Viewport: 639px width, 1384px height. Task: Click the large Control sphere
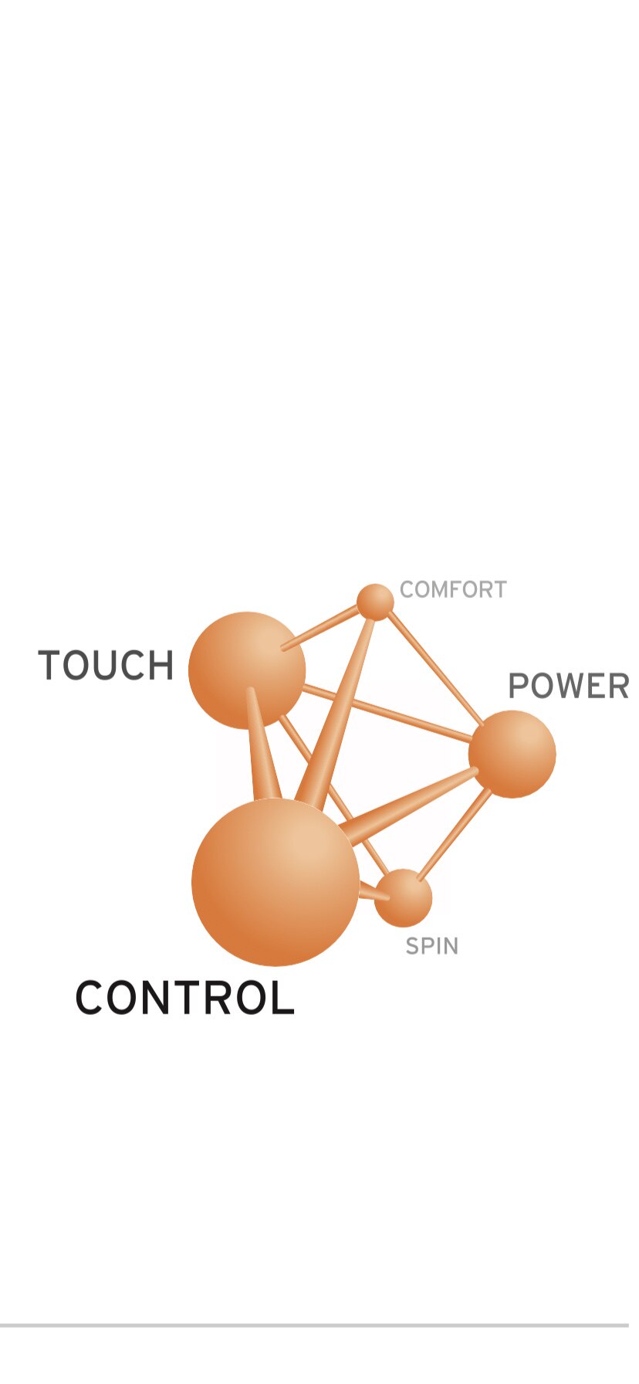tap(276, 882)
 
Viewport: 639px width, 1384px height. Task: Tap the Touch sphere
tap(247, 670)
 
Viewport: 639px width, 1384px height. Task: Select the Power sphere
tap(512, 754)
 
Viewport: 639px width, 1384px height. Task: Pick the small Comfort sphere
tap(375, 602)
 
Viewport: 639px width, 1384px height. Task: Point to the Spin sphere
tap(403, 898)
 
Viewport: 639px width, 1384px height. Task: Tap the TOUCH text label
tap(106, 666)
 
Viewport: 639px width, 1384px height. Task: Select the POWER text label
tap(569, 686)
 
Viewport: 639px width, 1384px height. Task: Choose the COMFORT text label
tap(453, 590)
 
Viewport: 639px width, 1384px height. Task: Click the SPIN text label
tap(432, 946)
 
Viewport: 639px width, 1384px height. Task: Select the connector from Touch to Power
tap(387, 714)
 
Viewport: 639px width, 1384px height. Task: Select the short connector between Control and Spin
tap(374, 893)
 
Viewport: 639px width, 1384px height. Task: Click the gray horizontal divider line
tap(314, 1325)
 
